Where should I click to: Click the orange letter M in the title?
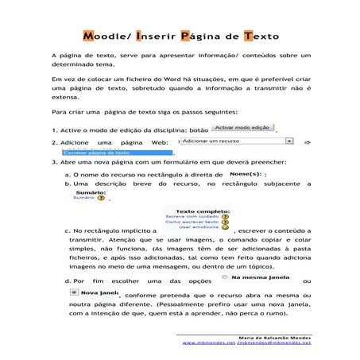pos(90,37)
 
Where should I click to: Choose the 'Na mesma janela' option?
pos(256,279)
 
